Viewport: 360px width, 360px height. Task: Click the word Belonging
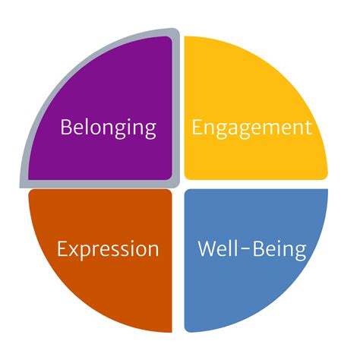pyautogui.click(x=109, y=128)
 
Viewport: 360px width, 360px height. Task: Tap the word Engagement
pyautogui.click(x=252, y=129)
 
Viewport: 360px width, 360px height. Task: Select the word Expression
pyautogui.click(x=108, y=251)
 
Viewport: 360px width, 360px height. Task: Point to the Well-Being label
pyautogui.click(x=252, y=250)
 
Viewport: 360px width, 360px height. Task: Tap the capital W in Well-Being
pyautogui.click(x=208, y=248)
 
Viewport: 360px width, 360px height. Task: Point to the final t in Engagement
pyautogui.click(x=308, y=128)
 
